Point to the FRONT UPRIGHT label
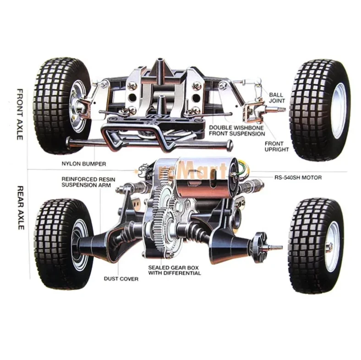click(277, 146)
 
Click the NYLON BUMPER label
click(84, 163)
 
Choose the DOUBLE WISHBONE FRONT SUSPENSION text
click(236, 130)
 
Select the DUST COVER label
click(121, 278)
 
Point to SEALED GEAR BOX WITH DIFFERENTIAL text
click(174, 270)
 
